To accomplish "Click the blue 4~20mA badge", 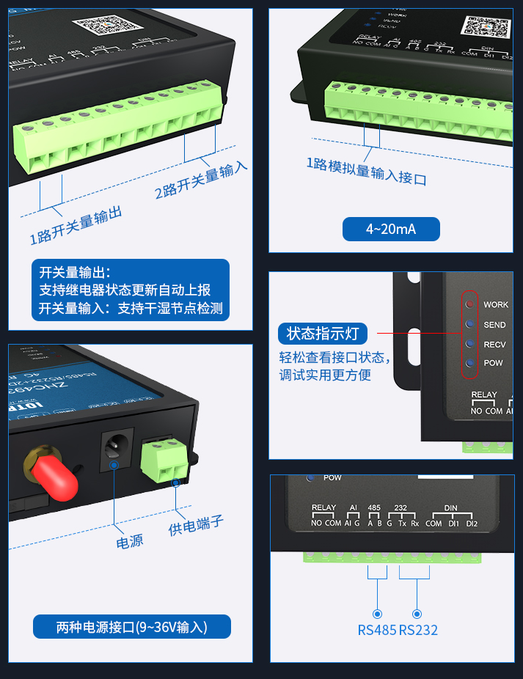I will tap(391, 229).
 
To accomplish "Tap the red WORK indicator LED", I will tap(469, 304).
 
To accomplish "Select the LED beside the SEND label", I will tap(469, 324).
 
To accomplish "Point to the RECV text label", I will tap(494, 344).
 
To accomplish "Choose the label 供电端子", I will tap(196, 524).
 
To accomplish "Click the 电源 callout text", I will tap(130, 542).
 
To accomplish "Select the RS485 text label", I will tap(377, 630).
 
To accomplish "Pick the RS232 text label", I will tap(418, 630).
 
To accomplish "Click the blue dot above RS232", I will tap(417, 613).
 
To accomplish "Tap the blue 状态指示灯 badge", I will tap(323, 334).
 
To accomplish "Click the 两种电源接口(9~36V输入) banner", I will tap(132, 627).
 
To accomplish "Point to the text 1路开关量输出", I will tap(76, 226).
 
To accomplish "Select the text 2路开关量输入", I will tap(201, 180).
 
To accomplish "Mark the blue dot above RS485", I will tap(377, 613).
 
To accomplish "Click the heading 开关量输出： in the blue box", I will tap(76, 272).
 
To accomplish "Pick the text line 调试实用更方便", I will tap(325, 375).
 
